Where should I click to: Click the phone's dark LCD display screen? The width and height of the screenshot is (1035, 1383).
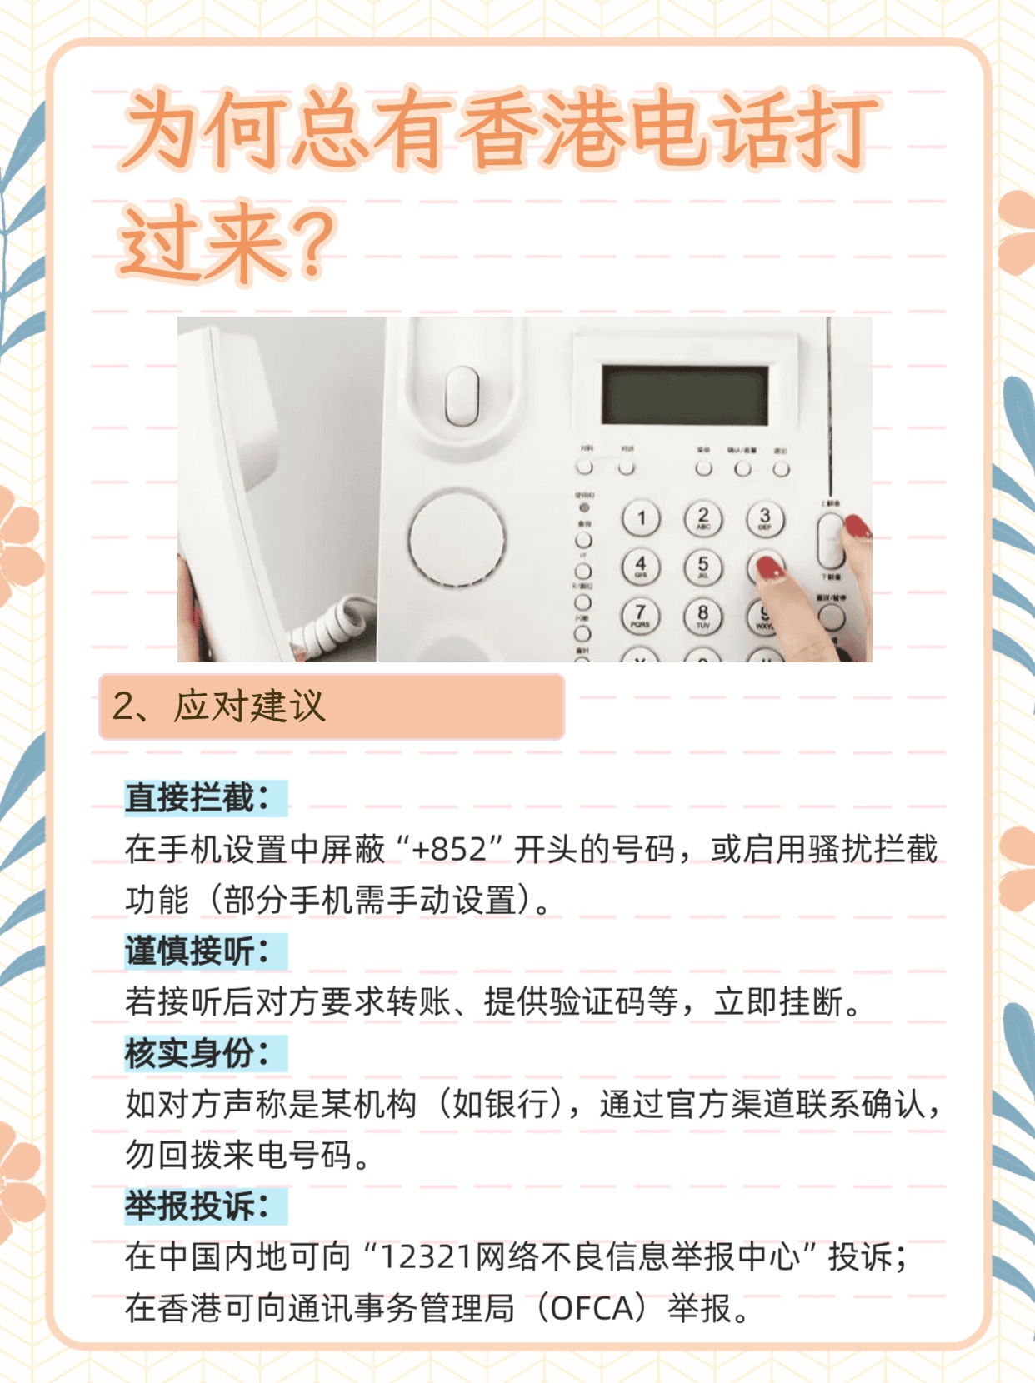(685, 395)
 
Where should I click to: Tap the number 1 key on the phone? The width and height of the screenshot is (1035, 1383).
(641, 519)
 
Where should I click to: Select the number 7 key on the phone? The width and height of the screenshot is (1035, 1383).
(640, 615)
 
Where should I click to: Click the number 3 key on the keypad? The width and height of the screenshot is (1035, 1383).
(765, 518)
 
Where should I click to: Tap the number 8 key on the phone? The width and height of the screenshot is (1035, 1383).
(702, 616)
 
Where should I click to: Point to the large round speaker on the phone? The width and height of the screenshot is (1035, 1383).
(457, 537)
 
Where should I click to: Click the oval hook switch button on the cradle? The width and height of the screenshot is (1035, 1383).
(462, 395)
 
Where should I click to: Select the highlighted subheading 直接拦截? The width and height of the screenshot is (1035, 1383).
(197, 798)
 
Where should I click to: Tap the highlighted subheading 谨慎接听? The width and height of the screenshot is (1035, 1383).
(197, 951)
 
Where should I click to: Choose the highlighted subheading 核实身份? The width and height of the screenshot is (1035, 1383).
(197, 1053)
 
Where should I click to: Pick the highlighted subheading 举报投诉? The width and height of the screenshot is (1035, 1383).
(197, 1206)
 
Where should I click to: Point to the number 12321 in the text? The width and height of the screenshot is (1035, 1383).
(426, 1256)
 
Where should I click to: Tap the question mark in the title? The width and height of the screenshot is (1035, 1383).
(312, 243)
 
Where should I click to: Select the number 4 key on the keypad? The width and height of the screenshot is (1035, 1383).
(641, 567)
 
